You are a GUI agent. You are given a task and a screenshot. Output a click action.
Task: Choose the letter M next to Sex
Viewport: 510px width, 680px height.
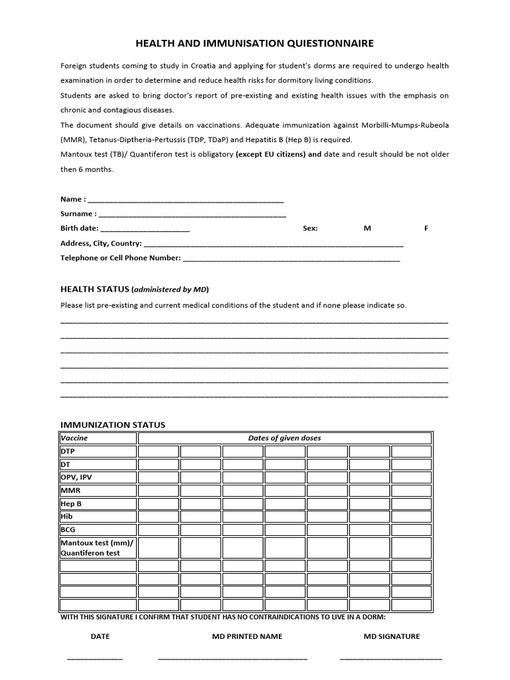point(367,228)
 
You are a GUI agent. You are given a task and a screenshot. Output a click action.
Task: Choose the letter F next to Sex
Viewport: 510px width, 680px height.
point(426,228)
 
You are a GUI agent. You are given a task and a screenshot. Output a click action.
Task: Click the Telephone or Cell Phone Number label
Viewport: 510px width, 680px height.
point(120,258)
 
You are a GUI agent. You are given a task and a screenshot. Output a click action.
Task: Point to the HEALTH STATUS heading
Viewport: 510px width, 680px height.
point(95,289)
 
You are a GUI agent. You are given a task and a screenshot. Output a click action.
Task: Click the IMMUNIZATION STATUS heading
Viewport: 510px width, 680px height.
point(113,425)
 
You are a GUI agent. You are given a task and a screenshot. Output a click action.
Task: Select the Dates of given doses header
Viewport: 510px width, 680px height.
point(284,438)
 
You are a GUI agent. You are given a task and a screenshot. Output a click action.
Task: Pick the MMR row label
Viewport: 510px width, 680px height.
point(70,490)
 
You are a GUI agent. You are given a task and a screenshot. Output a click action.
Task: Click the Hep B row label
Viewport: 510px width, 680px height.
point(71,503)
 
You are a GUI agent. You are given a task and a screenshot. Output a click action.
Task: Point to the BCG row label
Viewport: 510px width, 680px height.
point(68,529)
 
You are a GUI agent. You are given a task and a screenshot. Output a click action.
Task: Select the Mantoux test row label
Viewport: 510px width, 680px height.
point(97,547)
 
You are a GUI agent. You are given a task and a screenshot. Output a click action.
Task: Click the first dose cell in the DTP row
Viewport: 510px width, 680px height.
point(158,452)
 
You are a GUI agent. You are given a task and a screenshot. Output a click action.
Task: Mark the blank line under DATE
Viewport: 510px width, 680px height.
point(95,658)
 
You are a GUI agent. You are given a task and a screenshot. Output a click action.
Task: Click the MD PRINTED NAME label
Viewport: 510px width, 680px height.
point(242,636)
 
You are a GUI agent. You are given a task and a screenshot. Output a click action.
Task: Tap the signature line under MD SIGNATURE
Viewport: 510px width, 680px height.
point(390,658)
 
